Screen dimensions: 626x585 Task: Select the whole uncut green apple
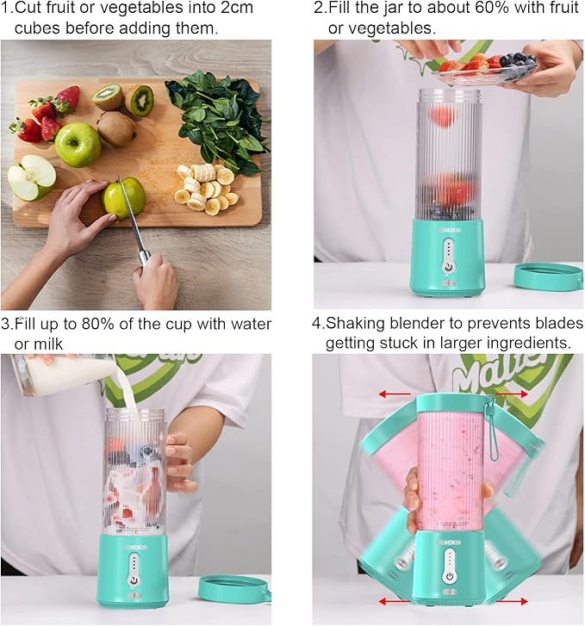pyautogui.click(x=78, y=144)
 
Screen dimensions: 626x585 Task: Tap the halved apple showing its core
pyautogui.click(x=32, y=177)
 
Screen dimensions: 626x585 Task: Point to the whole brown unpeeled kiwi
pyautogui.click(x=115, y=128)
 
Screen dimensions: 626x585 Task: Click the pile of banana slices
pyautogui.click(x=205, y=187)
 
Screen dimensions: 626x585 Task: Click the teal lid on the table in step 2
pyautogui.click(x=548, y=276)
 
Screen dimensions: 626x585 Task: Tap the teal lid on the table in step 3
pyautogui.click(x=233, y=588)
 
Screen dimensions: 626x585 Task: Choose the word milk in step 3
pyautogui.click(x=47, y=344)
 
